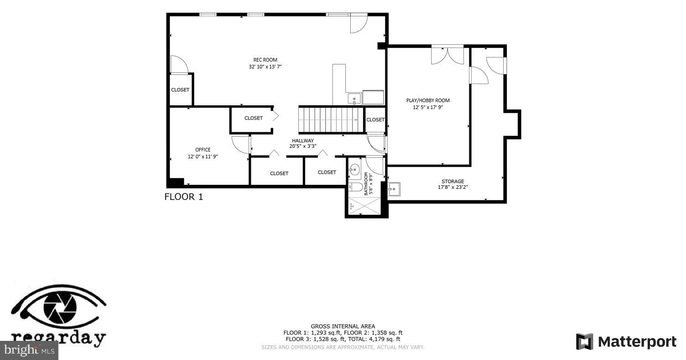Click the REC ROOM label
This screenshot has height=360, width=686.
265,60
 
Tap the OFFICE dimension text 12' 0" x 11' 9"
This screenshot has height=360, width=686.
203,157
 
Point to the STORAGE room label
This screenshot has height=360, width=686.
452,181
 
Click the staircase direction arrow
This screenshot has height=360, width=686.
355,120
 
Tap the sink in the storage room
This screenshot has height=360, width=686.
394,189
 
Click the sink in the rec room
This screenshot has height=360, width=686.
354,99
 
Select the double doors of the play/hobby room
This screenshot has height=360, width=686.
447,55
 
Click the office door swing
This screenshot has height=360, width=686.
240,145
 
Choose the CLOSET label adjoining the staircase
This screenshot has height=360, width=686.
375,120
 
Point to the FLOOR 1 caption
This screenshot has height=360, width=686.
183,197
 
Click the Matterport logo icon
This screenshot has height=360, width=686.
584,341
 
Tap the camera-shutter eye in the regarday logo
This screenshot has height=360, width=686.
60,307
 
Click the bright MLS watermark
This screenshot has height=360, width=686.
29,350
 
